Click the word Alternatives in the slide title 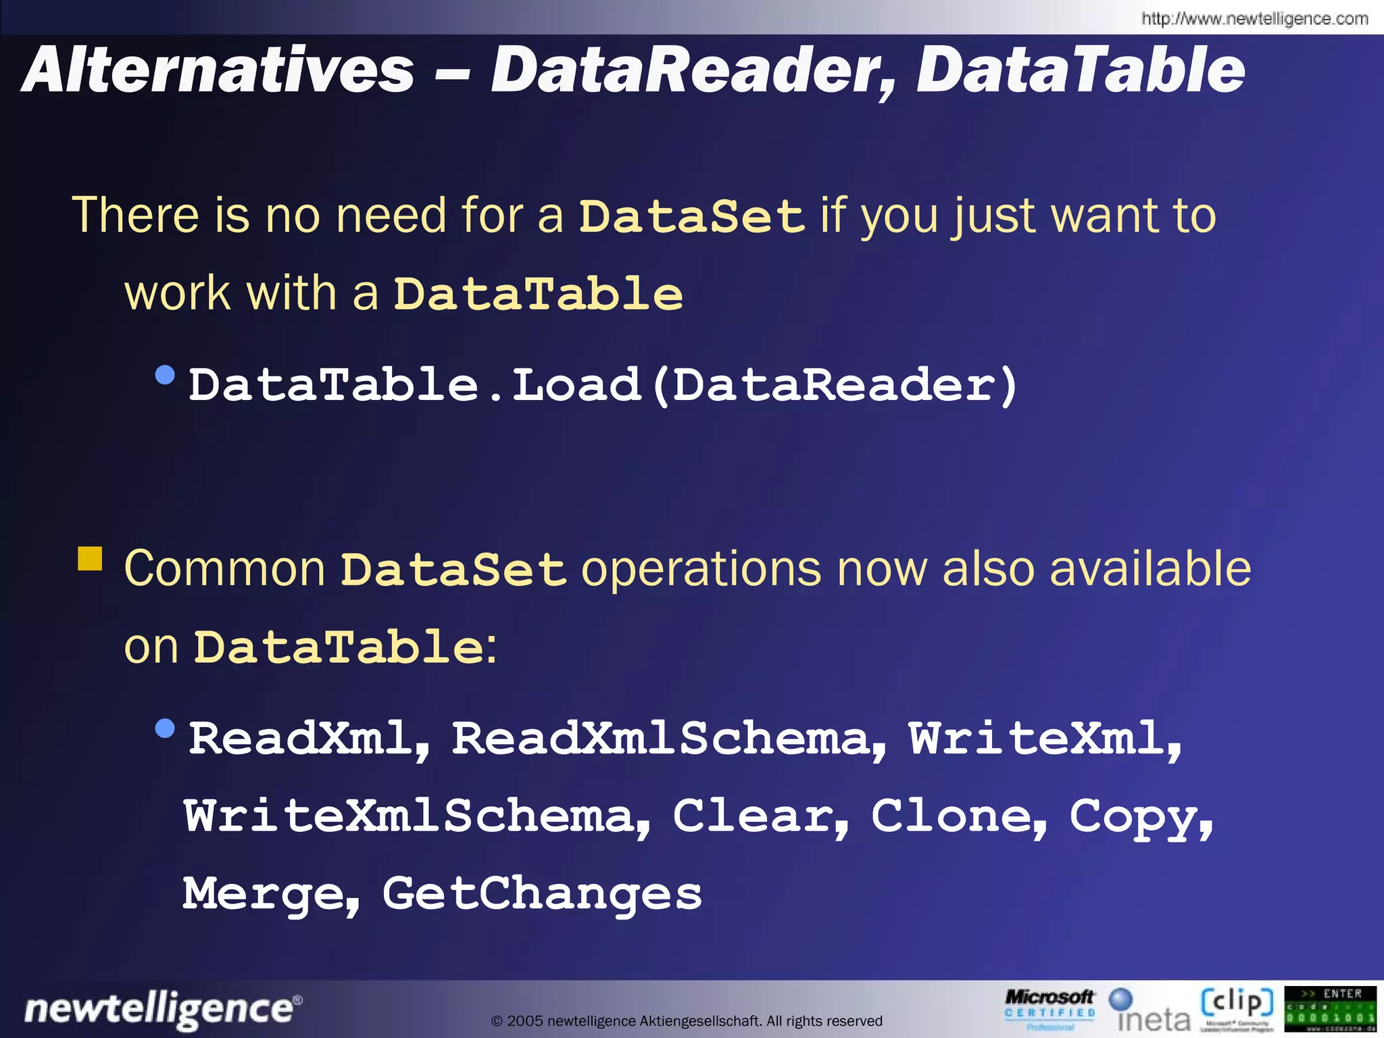(x=218, y=70)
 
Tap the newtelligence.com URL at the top (x=1254, y=19)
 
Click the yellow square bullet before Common (x=90, y=560)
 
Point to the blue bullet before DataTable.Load (x=165, y=374)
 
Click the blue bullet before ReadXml (x=165, y=728)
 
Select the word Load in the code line (x=576, y=385)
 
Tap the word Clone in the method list (x=958, y=816)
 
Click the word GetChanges (x=542, y=893)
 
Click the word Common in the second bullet (x=224, y=569)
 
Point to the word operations (x=701, y=569)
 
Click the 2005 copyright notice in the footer (x=687, y=1021)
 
